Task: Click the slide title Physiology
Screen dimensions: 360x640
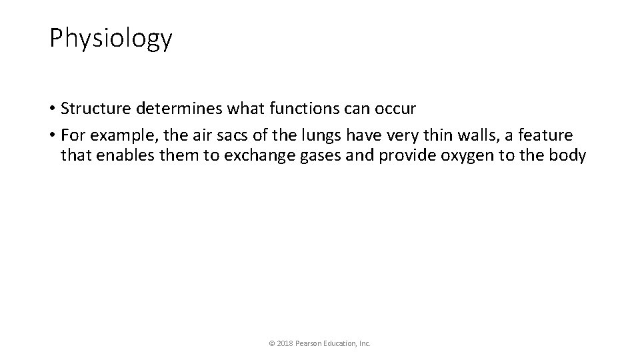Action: (x=111, y=39)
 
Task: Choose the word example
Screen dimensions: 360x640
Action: (x=120, y=136)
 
